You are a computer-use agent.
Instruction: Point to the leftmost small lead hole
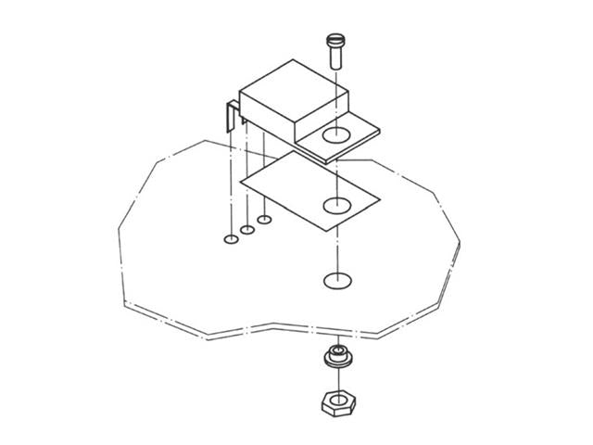point(231,239)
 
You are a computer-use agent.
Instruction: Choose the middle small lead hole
point(247,229)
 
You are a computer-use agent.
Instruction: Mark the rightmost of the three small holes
point(264,220)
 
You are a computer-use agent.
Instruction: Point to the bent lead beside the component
point(231,121)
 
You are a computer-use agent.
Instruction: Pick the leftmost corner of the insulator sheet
point(240,182)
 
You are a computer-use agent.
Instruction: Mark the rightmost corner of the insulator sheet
point(381,200)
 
